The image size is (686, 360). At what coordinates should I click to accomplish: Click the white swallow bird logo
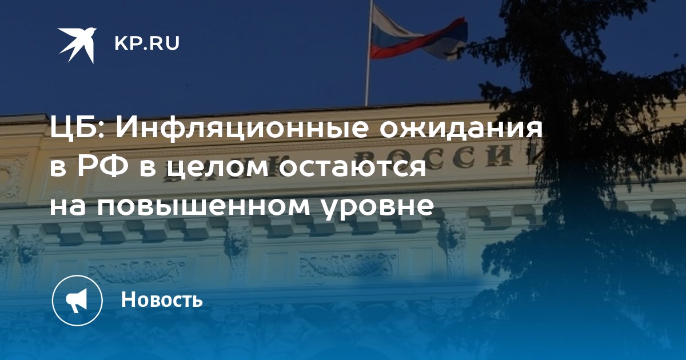point(78,45)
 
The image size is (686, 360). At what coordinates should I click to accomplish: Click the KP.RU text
point(147,43)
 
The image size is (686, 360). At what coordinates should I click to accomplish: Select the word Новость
point(162,299)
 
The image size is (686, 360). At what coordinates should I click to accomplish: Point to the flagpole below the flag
point(366,83)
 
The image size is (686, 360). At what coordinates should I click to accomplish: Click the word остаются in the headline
point(353,168)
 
